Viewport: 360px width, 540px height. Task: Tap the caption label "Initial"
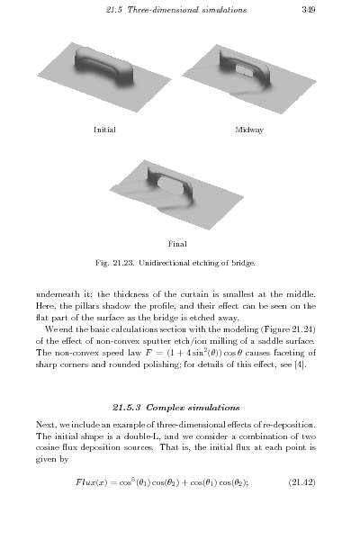click(104, 130)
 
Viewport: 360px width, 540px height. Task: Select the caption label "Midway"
click(248, 130)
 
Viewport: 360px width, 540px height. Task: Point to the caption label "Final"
click(178, 242)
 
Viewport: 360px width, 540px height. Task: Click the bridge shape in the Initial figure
click(103, 67)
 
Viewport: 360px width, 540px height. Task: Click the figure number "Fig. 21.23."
click(115, 263)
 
